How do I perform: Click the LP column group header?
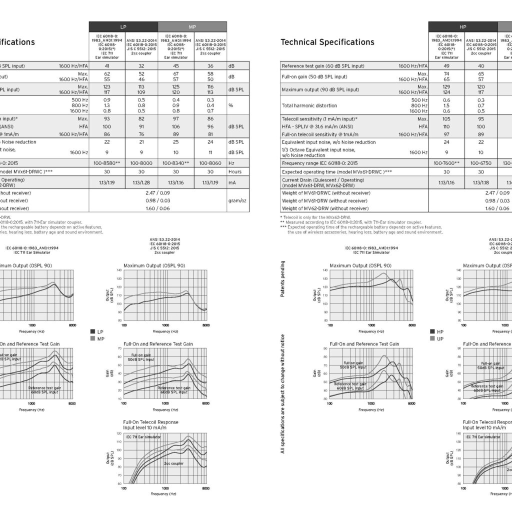point(123,26)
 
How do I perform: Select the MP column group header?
point(192,26)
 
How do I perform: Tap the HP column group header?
point(462,26)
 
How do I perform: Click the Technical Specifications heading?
point(327,42)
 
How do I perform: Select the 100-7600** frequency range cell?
point(445,163)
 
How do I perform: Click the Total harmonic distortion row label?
point(308,105)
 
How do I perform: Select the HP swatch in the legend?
point(433,331)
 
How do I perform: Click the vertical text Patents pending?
point(283,278)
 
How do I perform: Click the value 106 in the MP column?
point(175,127)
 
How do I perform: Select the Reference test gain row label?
point(322,66)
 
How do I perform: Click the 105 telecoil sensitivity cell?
point(445,119)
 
